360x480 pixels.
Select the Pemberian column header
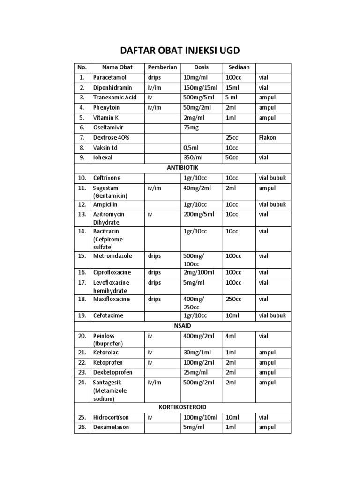pos(162,67)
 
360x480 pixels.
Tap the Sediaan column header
pos(239,67)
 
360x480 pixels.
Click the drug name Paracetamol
pos(109,77)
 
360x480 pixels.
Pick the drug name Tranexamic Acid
pos(115,97)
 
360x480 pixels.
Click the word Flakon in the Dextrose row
pos(267,138)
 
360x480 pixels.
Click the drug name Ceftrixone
pos(106,178)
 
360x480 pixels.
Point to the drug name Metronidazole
pos(112,256)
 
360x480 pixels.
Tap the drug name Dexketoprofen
pos(112,372)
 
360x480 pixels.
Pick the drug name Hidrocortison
pos(111,417)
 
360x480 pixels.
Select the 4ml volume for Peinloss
pos(232,336)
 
